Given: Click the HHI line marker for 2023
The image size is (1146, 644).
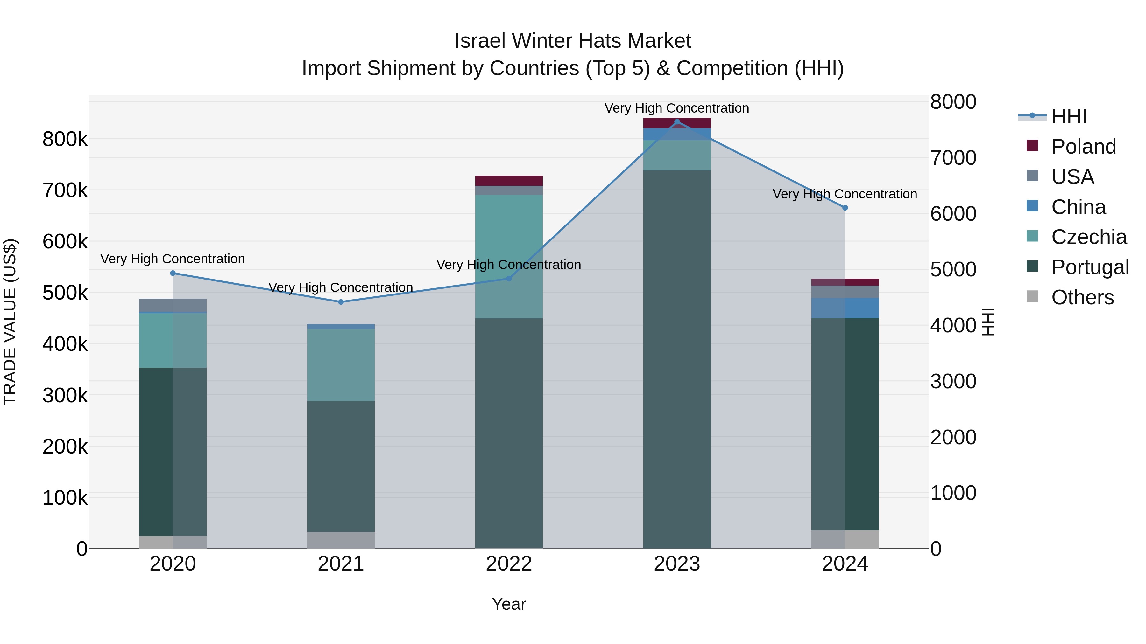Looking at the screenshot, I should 677,122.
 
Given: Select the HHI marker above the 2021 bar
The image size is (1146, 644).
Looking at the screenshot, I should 341,302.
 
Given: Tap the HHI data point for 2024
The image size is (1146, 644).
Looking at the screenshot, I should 845,208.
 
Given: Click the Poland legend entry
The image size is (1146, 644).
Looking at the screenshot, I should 1083,147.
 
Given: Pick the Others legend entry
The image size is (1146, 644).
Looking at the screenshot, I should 1082,297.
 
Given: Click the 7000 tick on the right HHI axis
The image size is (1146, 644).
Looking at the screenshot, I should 953,158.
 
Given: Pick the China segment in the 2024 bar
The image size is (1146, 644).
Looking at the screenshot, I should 845,308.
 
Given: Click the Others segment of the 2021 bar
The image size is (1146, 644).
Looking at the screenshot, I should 341,540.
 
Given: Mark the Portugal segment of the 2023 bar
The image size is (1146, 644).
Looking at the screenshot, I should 677,359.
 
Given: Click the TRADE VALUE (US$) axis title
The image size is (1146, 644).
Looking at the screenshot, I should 10,322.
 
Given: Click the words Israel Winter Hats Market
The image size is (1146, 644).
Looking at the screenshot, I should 573,41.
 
